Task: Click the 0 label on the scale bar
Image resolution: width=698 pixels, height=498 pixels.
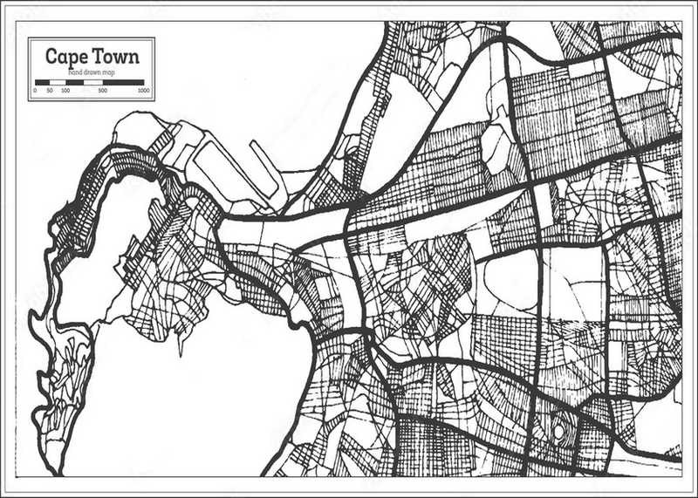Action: pos(35,90)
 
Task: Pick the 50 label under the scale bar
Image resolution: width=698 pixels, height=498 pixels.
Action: pos(51,90)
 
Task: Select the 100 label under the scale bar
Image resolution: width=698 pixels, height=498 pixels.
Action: pos(65,90)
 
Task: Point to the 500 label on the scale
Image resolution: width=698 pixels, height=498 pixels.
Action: pos(102,90)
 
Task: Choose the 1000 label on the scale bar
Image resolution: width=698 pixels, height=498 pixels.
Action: pos(143,90)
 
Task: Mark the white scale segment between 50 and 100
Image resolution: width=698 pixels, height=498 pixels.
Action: pos(58,82)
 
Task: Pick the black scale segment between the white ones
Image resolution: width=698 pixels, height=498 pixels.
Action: pos(76,82)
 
